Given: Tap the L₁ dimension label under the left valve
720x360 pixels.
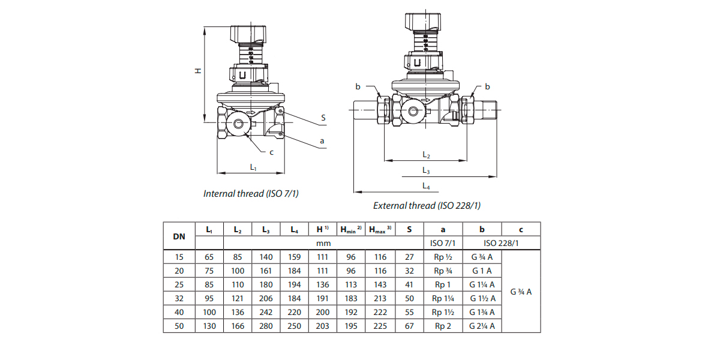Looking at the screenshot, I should click(x=253, y=167).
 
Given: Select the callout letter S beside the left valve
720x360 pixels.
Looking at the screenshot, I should click(x=323, y=118).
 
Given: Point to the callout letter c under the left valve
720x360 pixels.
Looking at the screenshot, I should click(x=271, y=152).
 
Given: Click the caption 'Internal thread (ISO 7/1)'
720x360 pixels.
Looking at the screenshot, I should click(x=251, y=193).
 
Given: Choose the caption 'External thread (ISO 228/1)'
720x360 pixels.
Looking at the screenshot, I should click(x=427, y=205).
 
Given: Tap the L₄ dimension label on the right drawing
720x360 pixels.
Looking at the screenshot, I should click(x=425, y=185).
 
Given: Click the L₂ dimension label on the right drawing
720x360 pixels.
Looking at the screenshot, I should click(x=425, y=155).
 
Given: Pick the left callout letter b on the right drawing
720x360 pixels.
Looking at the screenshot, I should click(x=358, y=87).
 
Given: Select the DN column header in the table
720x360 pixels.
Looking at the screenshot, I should click(x=179, y=236).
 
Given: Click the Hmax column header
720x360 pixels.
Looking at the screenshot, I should click(x=380, y=229).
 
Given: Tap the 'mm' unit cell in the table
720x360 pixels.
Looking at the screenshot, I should click(x=324, y=243).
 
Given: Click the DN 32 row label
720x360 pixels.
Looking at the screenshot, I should click(x=179, y=298).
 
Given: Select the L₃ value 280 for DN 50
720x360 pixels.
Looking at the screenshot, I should click(x=266, y=326).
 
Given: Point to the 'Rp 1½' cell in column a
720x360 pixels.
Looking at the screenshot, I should click(x=443, y=312).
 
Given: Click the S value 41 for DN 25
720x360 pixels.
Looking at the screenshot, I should click(x=409, y=284).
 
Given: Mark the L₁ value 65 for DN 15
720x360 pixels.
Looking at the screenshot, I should click(x=209, y=257).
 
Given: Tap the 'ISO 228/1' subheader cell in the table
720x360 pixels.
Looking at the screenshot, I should click(x=501, y=243).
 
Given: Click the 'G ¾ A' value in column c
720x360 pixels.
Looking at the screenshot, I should click(x=521, y=292).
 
